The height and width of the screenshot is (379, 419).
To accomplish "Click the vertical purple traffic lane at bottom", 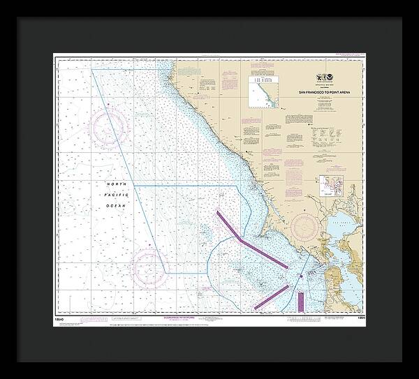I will (300, 301).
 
